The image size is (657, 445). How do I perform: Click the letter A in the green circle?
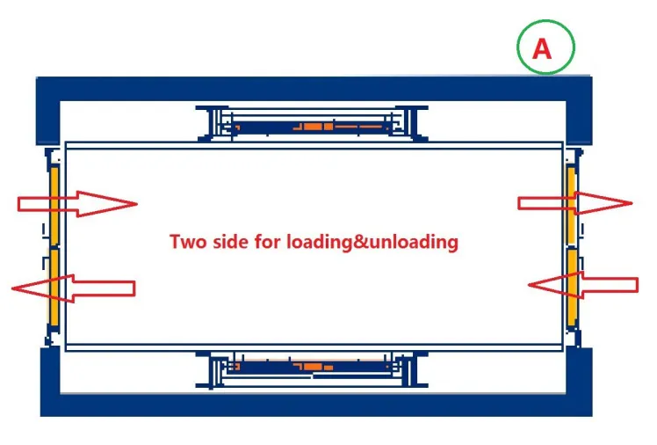click(x=542, y=48)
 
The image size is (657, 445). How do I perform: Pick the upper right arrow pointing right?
click(x=575, y=203)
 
